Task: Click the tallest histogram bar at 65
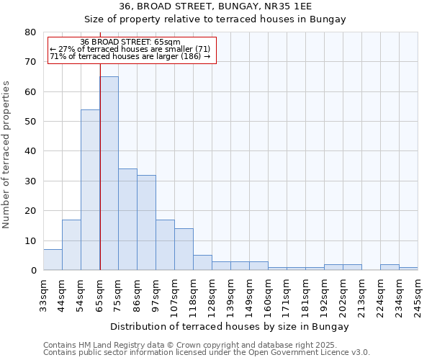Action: click(109, 173)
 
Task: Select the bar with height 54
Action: click(90, 190)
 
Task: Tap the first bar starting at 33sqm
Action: click(53, 260)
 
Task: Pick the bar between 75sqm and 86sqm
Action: click(127, 220)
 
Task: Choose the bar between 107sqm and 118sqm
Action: click(184, 249)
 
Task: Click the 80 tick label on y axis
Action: click(30, 32)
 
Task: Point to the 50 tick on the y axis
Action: click(30, 122)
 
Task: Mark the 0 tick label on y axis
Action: click(33, 271)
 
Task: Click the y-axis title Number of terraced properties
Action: click(6, 154)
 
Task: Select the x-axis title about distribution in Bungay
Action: click(230, 326)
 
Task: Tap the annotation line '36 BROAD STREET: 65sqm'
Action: click(130, 42)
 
